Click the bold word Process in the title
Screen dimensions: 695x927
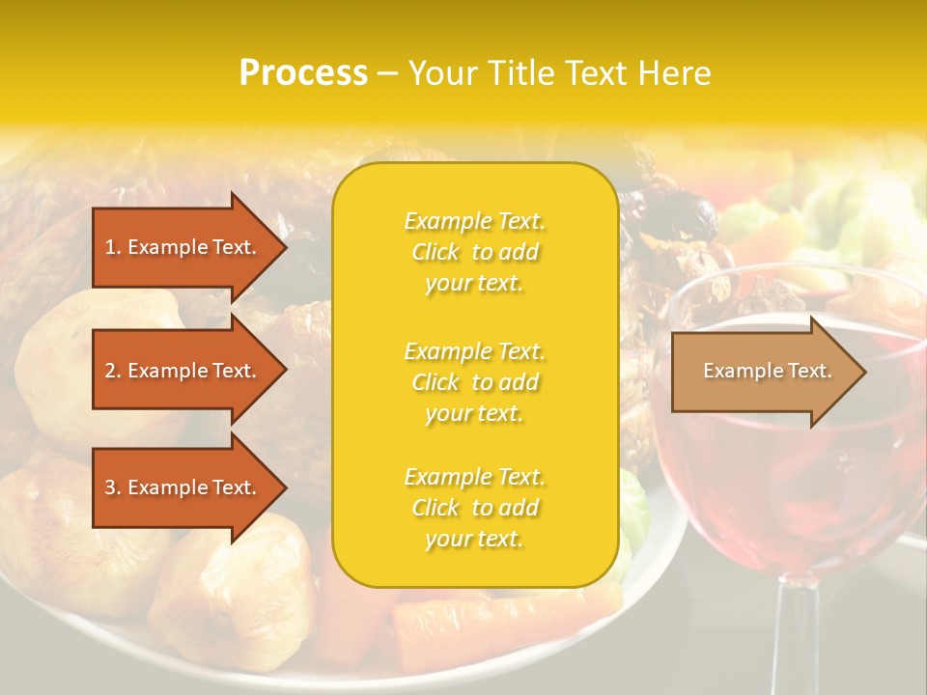pyautogui.click(x=303, y=73)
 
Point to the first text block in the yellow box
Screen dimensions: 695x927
pyautogui.click(x=474, y=252)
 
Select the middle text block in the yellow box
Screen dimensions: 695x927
pyautogui.click(x=474, y=382)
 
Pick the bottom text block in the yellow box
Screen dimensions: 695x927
pyautogui.click(x=474, y=508)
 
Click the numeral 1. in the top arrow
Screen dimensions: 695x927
pyautogui.click(x=113, y=248)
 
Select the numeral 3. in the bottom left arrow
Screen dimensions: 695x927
pyautogui.click(x=113, y=488)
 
